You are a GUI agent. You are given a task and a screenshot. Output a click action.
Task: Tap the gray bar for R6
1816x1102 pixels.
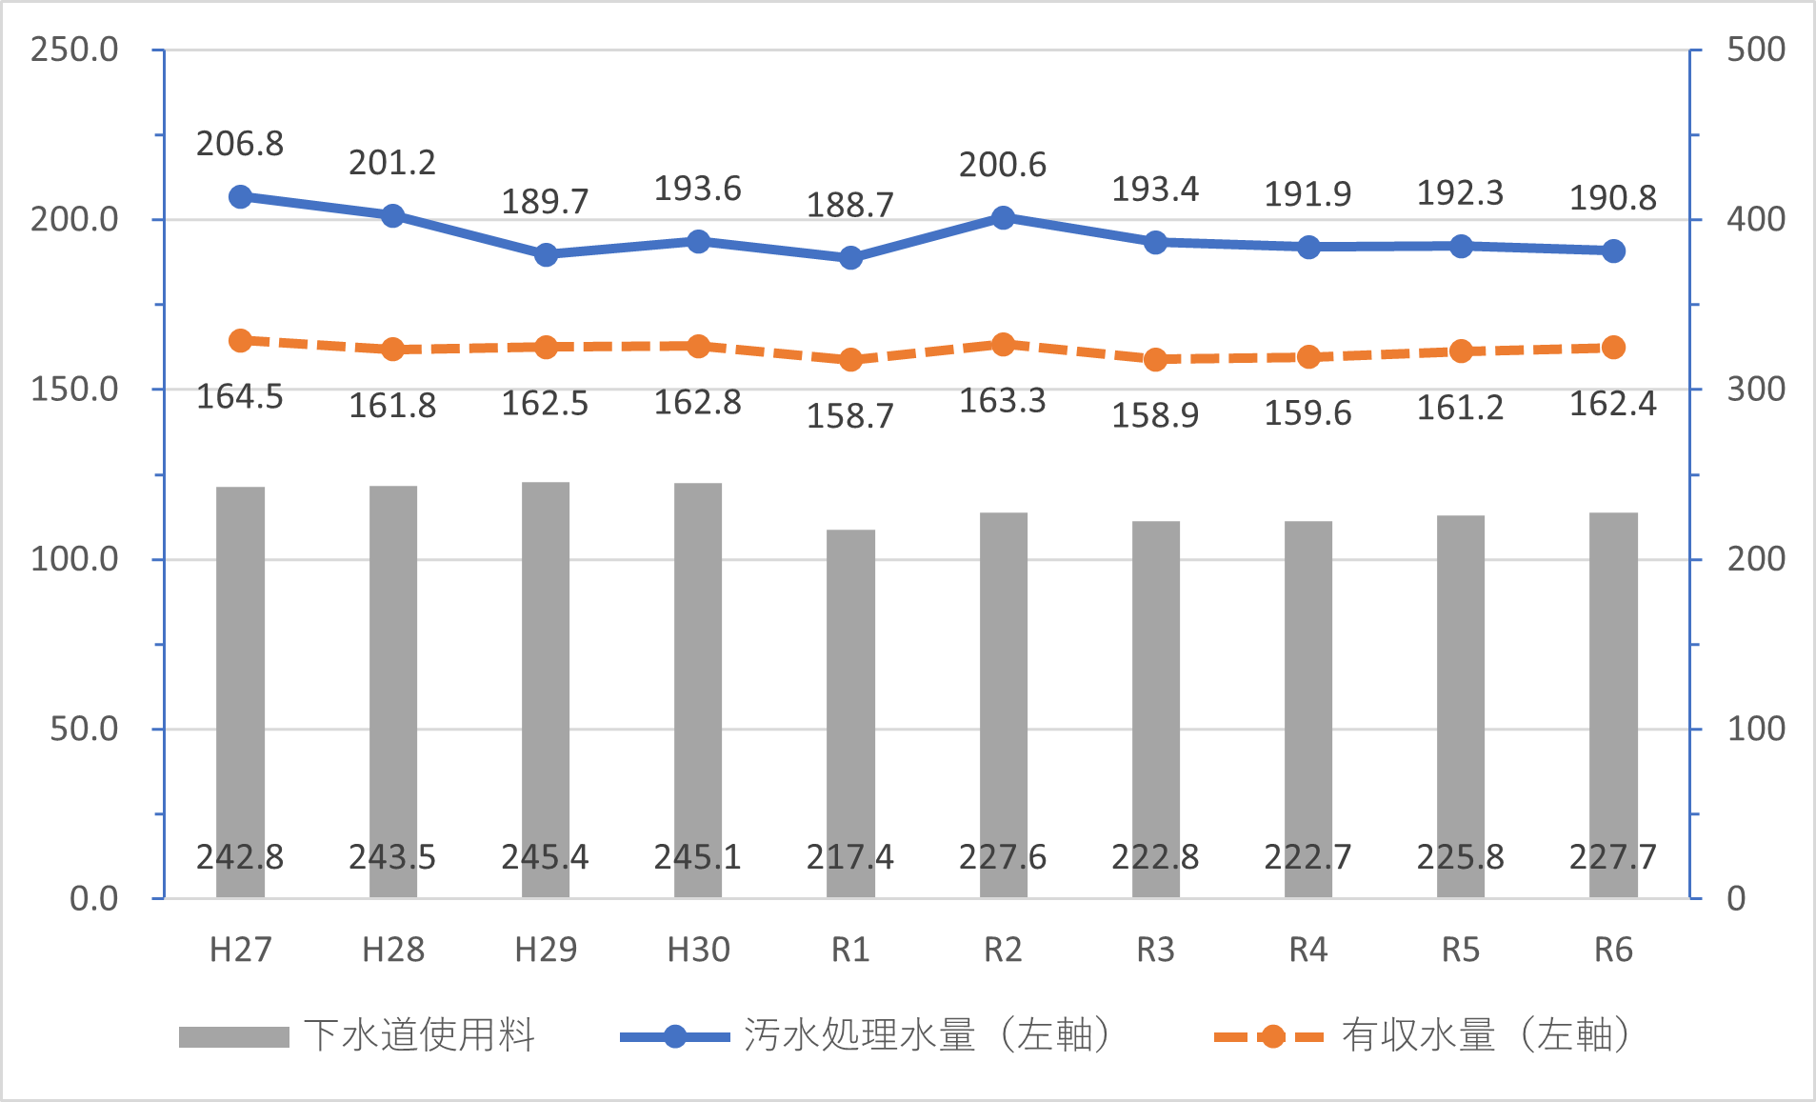click(x=1613, y=705)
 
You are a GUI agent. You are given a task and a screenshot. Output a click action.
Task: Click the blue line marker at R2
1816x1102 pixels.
click(x=1003, y=217)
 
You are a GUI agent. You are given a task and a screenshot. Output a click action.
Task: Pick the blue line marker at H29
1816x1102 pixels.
click(x=546, y=254)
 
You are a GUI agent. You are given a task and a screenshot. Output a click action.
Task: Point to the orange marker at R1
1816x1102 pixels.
click(x=850, y=360)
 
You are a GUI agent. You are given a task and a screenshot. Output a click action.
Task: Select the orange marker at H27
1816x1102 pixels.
click(x=240, y=340)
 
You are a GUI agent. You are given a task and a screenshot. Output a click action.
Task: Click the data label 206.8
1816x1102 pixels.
click(x=240, y=144)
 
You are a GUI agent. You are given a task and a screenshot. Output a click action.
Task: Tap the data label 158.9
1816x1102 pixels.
click(x=1155, y=415)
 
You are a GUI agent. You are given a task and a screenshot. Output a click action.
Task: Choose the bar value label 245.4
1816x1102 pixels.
click(x=546, y=857)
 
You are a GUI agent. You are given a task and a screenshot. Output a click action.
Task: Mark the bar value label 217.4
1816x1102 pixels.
click(x=850, y=857)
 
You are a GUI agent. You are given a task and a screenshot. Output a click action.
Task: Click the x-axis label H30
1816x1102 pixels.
click(x=698, y=950)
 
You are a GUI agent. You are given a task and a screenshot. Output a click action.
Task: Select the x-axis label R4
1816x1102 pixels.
click(x=1307, y=950)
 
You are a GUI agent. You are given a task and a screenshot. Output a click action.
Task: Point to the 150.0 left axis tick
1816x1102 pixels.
click(x=74, y=389)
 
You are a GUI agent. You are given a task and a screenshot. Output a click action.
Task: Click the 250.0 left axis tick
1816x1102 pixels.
click(x=74, y=50)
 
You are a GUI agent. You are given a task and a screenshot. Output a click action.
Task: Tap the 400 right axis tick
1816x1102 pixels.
click(x=1756, y=219)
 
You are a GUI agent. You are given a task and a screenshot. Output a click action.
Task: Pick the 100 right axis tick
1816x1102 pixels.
click(x=1756, y=729)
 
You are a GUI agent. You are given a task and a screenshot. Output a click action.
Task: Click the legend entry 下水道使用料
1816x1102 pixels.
click(x=419, y=1035)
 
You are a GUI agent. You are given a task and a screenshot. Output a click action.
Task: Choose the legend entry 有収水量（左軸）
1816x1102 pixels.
click(x=1486, y=1035)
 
